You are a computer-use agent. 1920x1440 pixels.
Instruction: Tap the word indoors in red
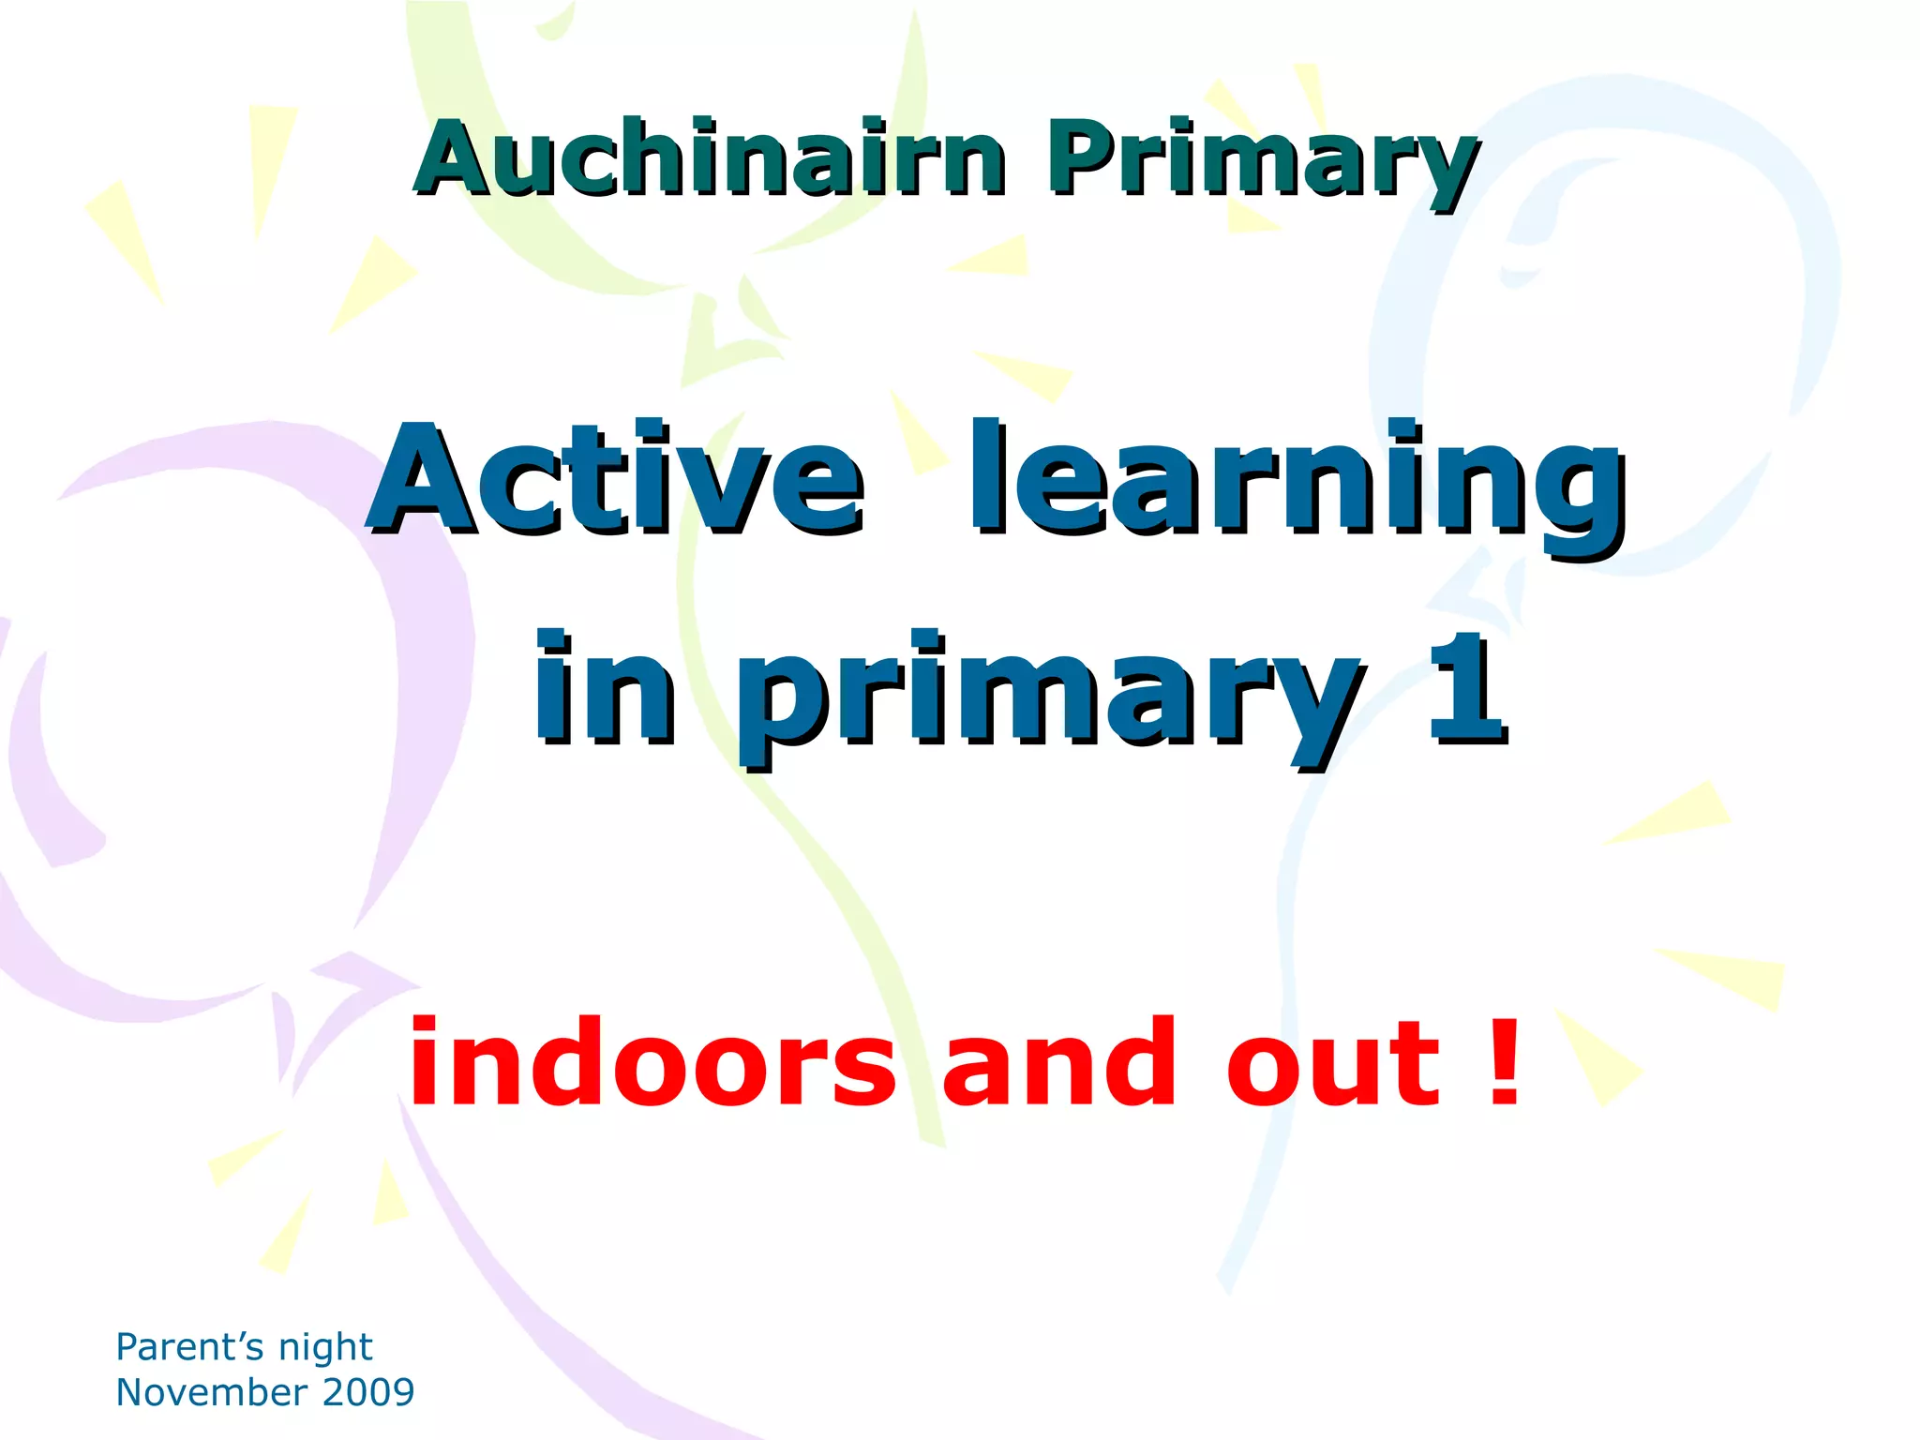tap(652, 1064)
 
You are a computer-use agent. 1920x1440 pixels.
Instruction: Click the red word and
tap(1059, 1064)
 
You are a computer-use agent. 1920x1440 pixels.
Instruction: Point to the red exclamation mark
tap(1504, 1062)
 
